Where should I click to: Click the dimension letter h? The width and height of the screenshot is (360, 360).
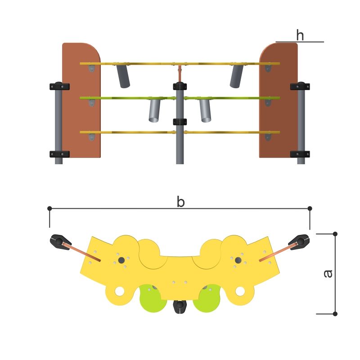[300, 35]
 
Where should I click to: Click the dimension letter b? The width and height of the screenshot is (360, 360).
[181, 202]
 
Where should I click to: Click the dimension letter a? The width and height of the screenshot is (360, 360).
[328, 274]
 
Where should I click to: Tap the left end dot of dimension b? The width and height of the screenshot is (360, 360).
[49, 208]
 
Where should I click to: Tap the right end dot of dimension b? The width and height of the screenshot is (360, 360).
[310, 208]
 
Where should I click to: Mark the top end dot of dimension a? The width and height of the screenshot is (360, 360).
[335, 234]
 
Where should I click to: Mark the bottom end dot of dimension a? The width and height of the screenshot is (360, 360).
[335, 314]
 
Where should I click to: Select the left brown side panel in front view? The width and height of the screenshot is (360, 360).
[81, 100]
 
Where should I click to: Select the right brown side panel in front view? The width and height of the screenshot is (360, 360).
[279, 100]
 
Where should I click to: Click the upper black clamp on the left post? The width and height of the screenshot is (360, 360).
[59, 86]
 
